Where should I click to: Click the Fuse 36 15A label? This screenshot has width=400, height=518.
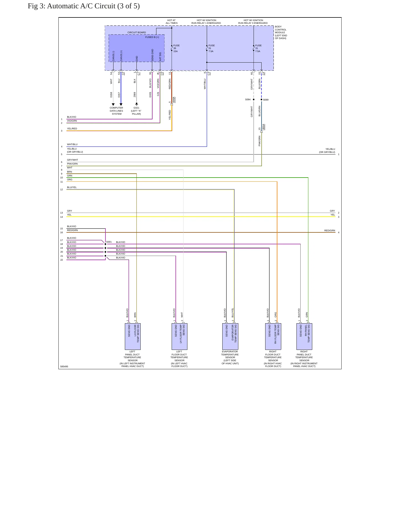coord(176,48)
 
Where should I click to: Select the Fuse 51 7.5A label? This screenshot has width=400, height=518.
coord(211,48)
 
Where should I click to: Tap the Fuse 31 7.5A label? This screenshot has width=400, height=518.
coord(258,48)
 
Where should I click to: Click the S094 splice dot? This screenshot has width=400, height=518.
coord(254,99)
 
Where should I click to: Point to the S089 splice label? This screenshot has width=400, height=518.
coord(266,100)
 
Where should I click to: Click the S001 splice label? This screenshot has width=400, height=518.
coord(109,242)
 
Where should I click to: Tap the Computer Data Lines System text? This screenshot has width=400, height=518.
coord(117,111)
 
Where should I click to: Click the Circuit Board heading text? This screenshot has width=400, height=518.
coord(136,32)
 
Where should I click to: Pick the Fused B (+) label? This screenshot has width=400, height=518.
coord(152,37)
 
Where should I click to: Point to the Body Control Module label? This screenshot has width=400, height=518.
coord(281,32)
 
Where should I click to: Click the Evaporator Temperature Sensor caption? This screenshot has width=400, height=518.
coord(230,358)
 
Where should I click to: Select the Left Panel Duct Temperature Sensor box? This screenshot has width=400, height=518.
coord(133,337)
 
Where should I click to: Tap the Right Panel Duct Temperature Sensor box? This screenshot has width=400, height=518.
coord(304,337)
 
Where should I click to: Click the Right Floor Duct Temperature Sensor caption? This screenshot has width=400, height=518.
coord(273,359)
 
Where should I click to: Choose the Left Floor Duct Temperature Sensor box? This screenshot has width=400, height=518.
coord(179,337)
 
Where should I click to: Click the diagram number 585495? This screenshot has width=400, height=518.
coord(64,366)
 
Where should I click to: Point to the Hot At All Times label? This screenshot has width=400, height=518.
coord(172,22)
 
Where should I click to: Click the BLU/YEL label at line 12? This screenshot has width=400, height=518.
coord(72,187)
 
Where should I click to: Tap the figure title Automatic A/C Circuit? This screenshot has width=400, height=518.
coord(84,6)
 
